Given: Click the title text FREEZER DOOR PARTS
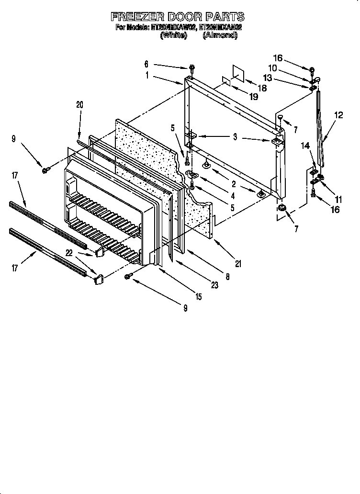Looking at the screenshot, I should click(x=178, y=17).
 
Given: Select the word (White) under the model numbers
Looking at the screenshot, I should click(x=173, y=36).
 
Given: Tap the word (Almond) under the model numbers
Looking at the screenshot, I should click(x=220, y=36).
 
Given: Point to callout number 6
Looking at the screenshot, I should click(x=146, y=63).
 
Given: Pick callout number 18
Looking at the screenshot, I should click(x=262, y=88).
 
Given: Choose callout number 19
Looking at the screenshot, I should click(x=253, y=97).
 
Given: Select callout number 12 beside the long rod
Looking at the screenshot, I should click(x=338, y=115).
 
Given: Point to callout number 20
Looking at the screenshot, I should click(x=79, y=105).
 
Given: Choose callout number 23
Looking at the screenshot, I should click(x=214, y=285).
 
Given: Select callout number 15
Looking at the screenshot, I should click(x=198, y=297).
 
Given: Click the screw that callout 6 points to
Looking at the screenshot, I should click(x=191, y=67).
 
